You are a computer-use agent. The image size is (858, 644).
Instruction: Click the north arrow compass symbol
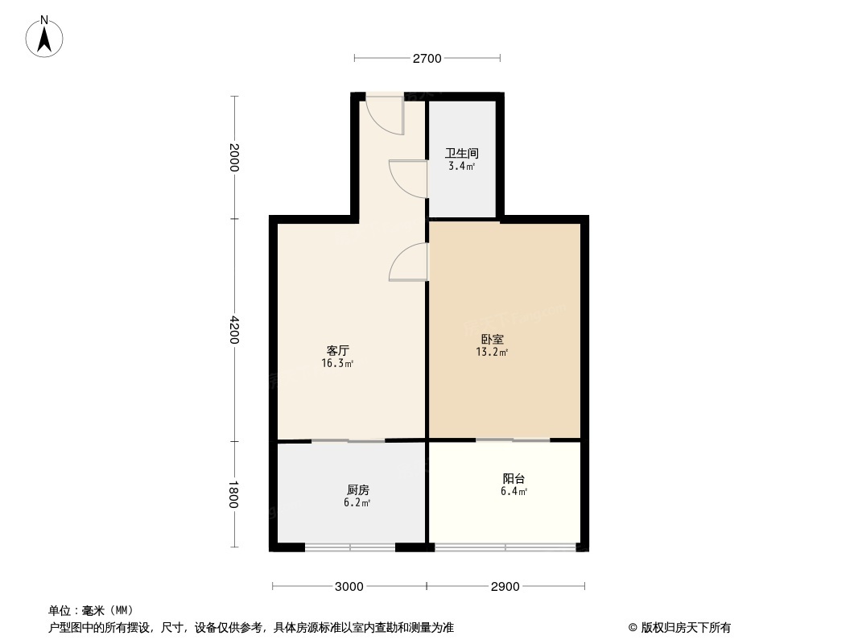pos(45,37)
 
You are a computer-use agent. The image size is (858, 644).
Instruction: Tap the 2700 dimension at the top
pos(427,58)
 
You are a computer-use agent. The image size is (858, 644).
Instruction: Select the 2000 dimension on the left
pos(234,158)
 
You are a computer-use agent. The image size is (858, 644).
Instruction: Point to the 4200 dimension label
pos(234,330)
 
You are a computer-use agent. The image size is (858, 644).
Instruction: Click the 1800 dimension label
pos(234,494)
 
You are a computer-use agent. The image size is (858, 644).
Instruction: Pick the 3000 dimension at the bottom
pos(349,586)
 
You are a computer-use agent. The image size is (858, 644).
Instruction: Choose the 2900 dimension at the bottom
pos(505,586)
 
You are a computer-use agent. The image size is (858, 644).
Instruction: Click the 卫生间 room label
pos(462,153)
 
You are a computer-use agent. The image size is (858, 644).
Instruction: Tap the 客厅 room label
pos(337,351)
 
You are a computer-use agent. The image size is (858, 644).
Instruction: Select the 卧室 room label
pos(492,339)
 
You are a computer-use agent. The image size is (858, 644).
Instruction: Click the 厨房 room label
pos(358,489)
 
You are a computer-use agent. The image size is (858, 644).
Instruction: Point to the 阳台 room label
pos(514,478)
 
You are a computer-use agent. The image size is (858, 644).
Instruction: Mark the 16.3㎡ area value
pos(337,364)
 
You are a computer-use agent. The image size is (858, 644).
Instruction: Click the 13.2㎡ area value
pos(492,352)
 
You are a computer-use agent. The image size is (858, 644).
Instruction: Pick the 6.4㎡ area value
pos(514,492)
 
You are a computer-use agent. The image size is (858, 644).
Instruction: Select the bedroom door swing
pos(409,262)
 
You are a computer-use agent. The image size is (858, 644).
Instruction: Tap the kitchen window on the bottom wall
pos(350,548)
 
